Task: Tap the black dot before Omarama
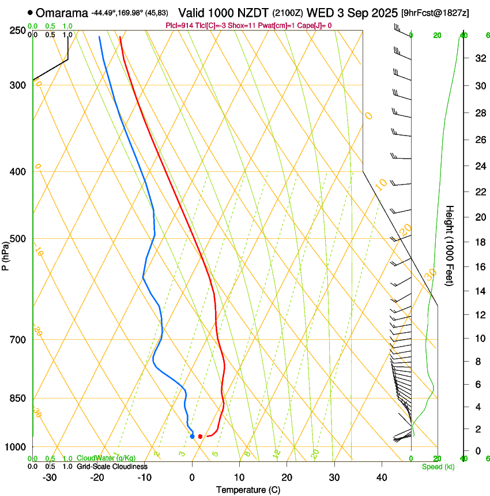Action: click(x=30, y=13)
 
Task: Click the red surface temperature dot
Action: click(x=200, y=437)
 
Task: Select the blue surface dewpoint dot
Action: click(x=192, y=436)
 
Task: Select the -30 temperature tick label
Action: click(x=50, y=477)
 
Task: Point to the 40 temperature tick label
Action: click(x=381, y=477)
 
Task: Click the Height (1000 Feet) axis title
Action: click(x=450, y=246)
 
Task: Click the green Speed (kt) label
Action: click(x=438, y=467)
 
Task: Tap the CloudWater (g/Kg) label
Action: click(x=98, y=459)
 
